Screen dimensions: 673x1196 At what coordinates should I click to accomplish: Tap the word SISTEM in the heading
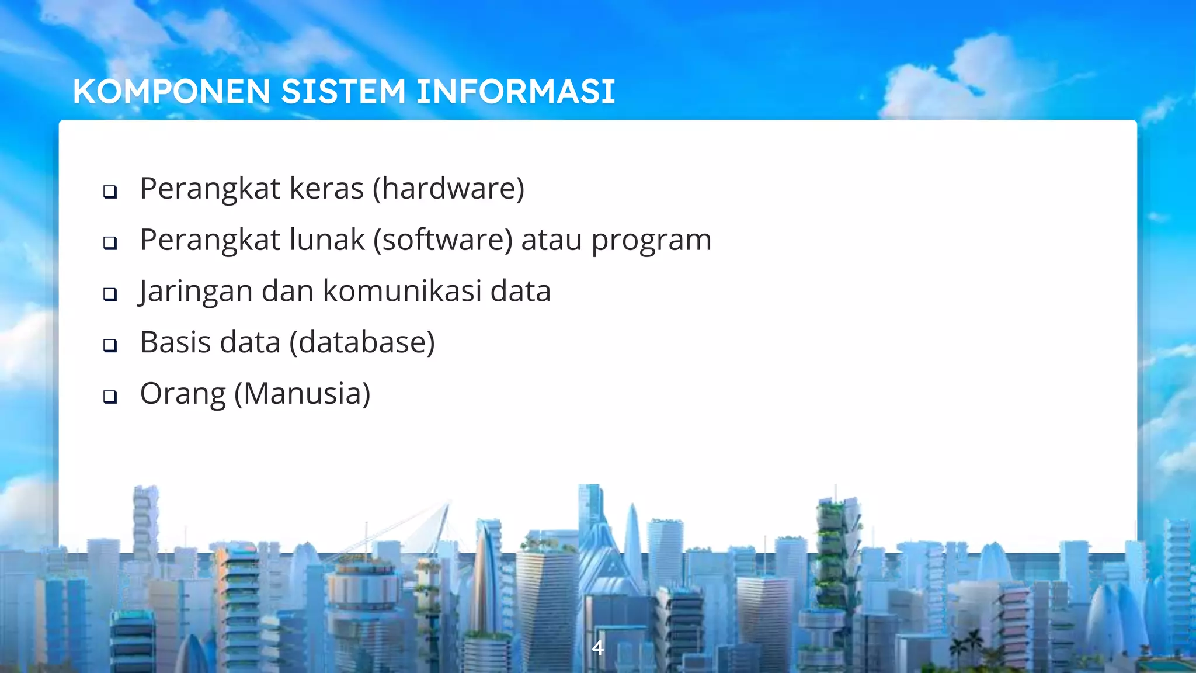click(343, 92)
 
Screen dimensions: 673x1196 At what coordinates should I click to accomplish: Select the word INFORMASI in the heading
click(516, 92)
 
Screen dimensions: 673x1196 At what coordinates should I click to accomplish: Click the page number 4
click(597, 647)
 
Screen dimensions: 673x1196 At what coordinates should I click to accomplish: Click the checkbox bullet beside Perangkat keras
click(110, 192)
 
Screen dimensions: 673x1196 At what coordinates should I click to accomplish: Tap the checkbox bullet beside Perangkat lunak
click(110, 242)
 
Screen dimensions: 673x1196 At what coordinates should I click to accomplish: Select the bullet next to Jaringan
click(110, 294)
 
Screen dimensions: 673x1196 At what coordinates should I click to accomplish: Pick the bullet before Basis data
click(110, 345)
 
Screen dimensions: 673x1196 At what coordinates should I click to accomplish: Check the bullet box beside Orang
click(110, 397)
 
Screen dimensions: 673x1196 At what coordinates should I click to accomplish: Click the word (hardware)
click(448, 189)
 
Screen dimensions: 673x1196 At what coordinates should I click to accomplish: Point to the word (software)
click(443, 240)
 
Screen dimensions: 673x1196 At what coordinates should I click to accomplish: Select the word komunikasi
click(402, 291)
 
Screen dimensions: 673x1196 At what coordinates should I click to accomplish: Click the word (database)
click(362, 342)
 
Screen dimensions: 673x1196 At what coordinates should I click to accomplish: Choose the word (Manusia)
click(302, 394)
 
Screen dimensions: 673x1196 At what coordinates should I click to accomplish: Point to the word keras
click(327, 189)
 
